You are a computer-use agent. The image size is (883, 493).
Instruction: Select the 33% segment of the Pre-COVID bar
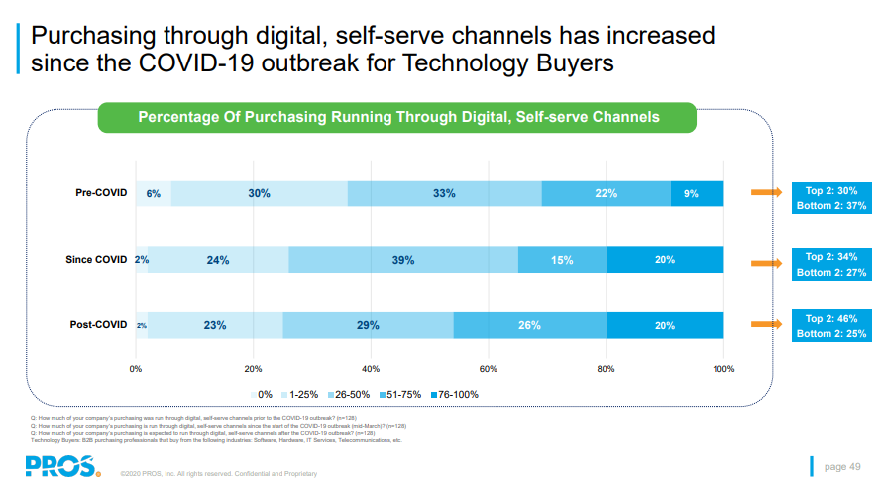pos(444,193)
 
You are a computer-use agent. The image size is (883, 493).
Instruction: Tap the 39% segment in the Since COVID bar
pos(403,260)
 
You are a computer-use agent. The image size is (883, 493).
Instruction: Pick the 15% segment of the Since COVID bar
pos(563,260)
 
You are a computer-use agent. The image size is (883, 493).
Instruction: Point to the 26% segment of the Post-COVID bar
pos(529,325)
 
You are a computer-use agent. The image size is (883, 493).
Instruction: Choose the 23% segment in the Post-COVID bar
pos(215,325)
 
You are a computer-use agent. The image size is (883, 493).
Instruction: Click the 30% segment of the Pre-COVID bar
pos(260,193)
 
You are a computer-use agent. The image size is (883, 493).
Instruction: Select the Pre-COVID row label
pos(102,193)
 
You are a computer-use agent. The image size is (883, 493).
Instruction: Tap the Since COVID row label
pos(96,260)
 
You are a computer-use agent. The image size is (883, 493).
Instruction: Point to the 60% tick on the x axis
pos(488,369)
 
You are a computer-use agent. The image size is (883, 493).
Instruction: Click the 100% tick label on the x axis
pos(723,369)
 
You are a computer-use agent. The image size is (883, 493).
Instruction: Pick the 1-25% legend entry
pos(299,394)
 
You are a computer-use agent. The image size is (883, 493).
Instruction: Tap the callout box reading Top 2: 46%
pos(830,326)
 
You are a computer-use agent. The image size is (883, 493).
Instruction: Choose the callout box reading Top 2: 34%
pos(830,264)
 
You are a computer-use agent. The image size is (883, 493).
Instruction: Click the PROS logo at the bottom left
pos(62,465)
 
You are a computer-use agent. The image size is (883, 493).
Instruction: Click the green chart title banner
pos(397,117)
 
